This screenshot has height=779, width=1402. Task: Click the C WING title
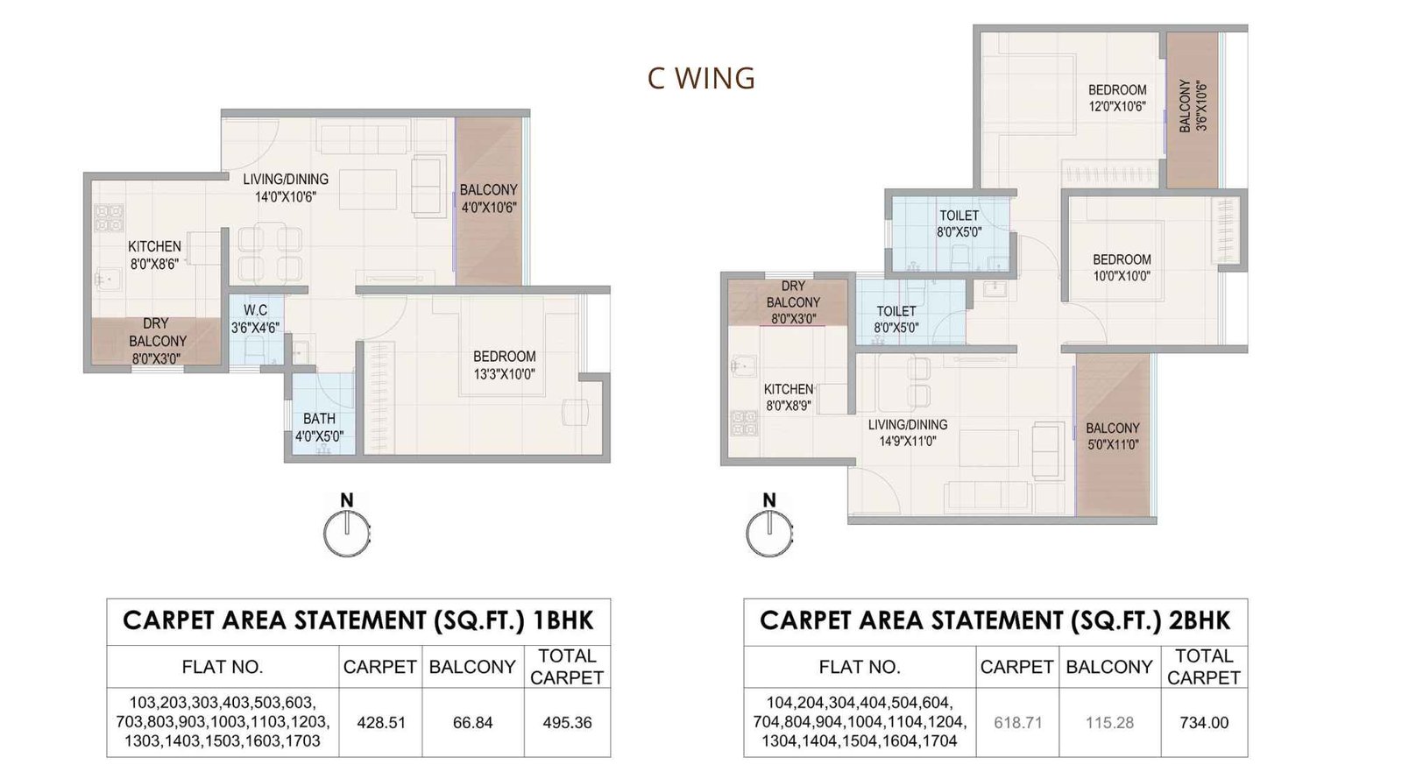coord(701,78)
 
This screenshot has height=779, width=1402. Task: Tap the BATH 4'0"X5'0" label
coord(319,427)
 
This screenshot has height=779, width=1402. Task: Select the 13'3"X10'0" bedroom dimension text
coord(504,374)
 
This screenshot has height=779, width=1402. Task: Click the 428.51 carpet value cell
coord(381,723)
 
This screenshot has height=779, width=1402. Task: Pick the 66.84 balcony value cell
coord(473,723)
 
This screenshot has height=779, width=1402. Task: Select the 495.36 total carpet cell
coord(567,723)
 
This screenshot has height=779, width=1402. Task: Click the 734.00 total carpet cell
coord(1204,723)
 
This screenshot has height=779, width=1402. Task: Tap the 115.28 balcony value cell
coord(1109,723)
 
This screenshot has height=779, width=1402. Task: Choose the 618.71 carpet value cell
coord(1017,723)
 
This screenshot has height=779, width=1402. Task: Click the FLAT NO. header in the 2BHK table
coord(859,667)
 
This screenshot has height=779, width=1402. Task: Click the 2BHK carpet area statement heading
coord(995,621)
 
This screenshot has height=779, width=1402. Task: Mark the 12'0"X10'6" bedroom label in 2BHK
coord(1117,98)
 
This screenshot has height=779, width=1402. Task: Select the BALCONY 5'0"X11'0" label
coord(1112,436)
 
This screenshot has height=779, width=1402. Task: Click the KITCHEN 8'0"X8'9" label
coord(789,397)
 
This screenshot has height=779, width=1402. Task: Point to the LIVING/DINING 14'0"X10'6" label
coord(286,188)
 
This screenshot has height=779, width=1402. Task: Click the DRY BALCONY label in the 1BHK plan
coord(157,340)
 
